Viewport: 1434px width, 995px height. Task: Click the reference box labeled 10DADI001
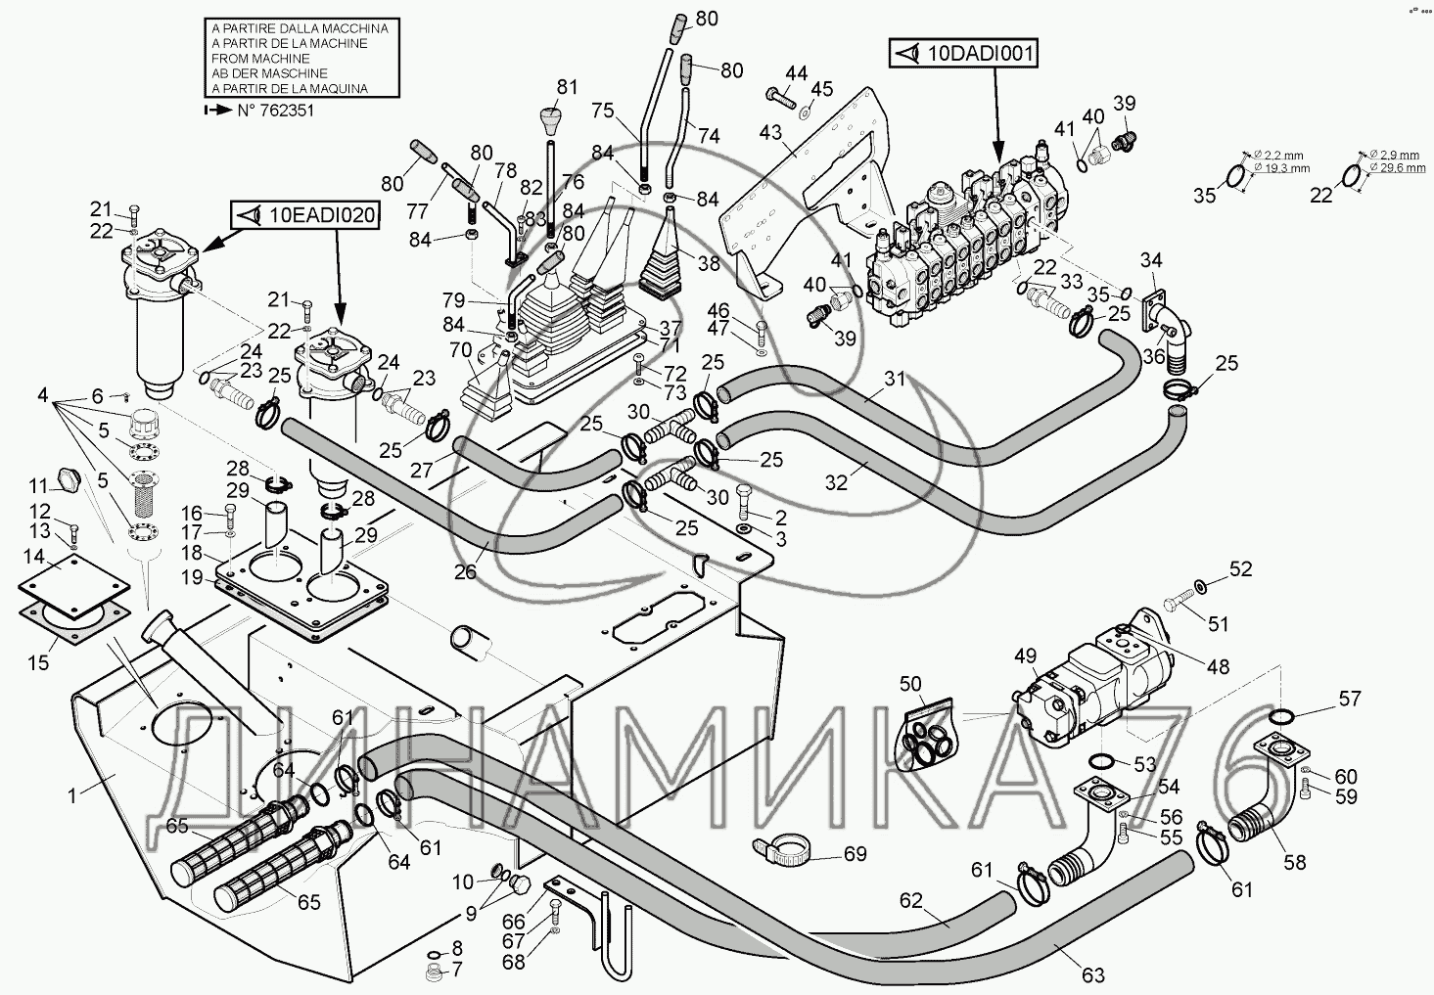963,53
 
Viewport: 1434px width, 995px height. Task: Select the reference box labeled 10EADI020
304,215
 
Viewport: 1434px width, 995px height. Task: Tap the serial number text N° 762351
275,111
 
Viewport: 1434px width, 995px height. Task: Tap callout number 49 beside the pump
1025,656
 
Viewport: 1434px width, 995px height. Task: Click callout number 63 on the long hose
1093,974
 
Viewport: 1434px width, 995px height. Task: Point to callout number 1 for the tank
71,795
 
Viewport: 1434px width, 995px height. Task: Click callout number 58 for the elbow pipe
1294,862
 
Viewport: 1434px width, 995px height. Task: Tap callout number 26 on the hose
465,571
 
